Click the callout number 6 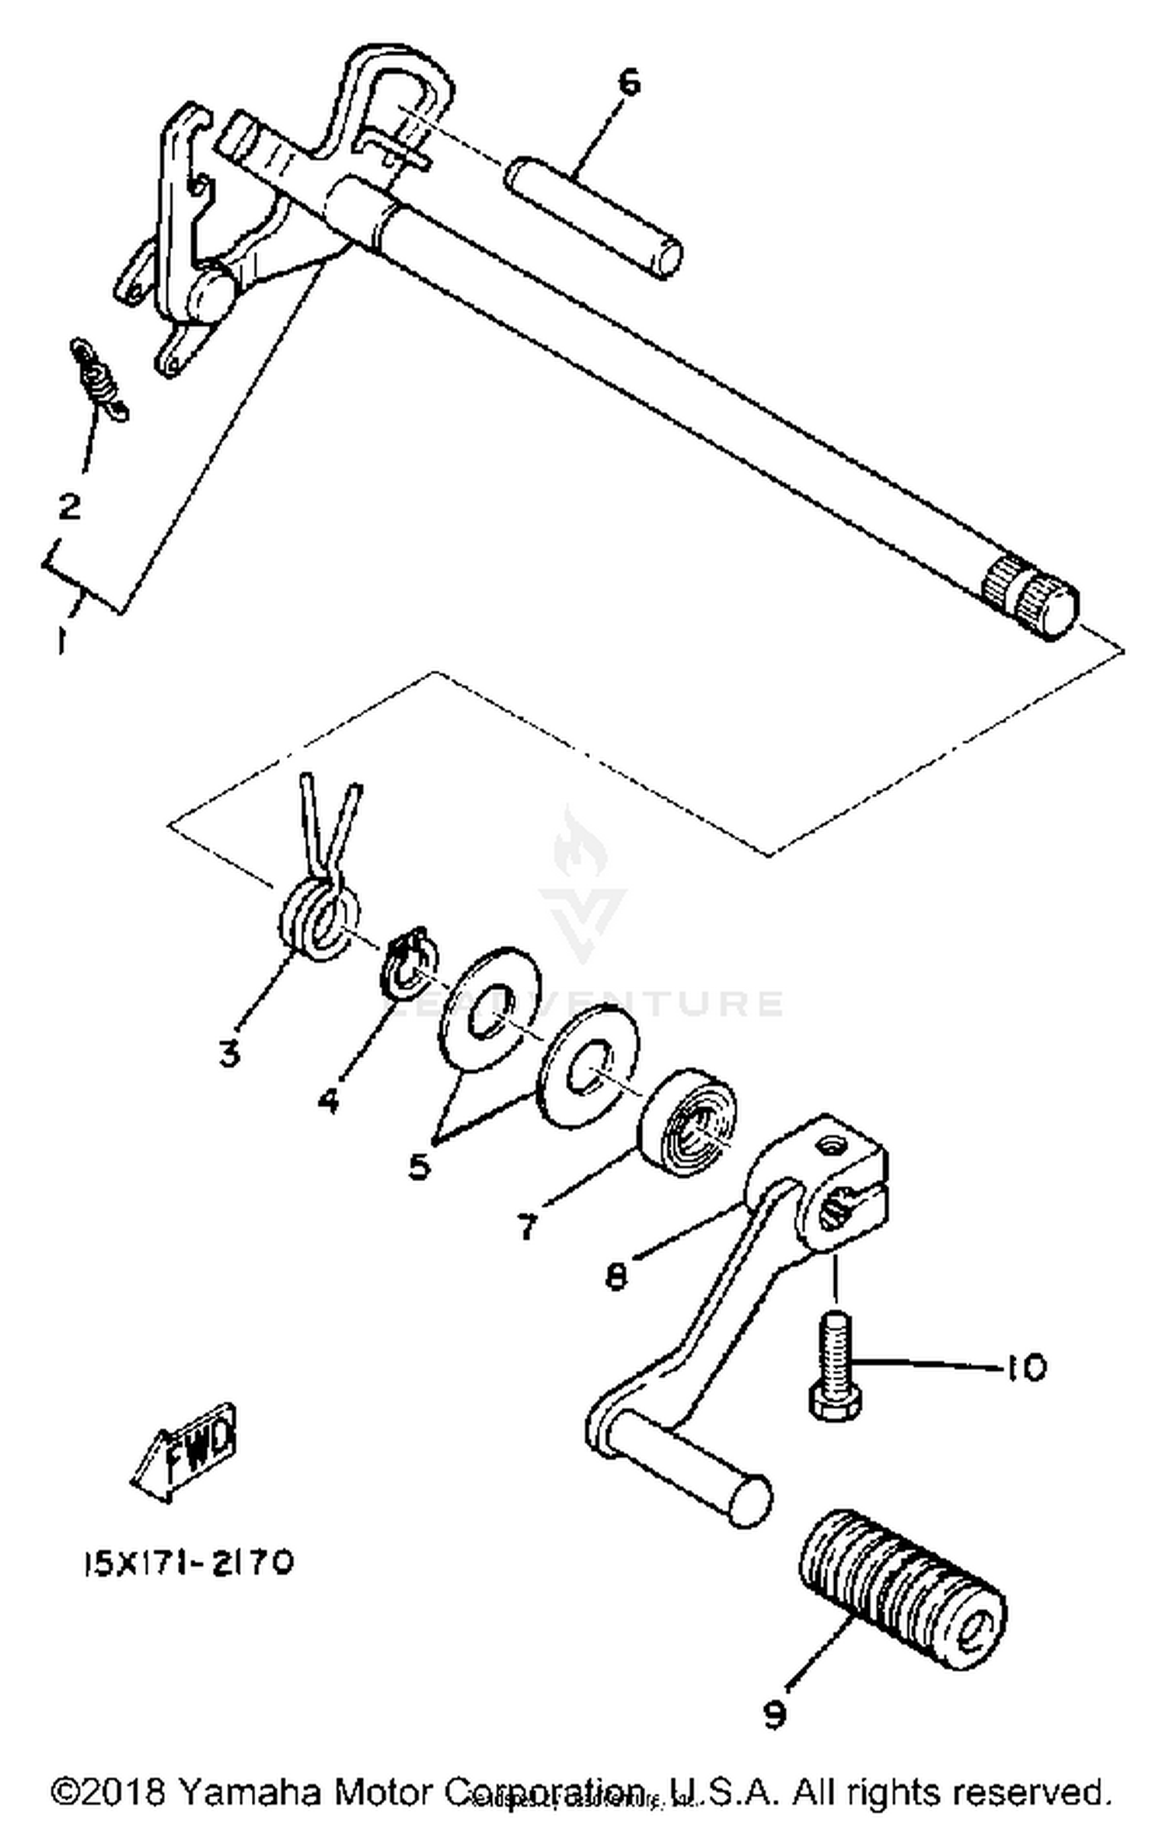(628, 82)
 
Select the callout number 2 (70, 507)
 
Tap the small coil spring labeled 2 (99, 379)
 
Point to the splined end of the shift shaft (1031, 598)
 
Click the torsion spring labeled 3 (319, 917)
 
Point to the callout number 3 (229, 1054)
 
